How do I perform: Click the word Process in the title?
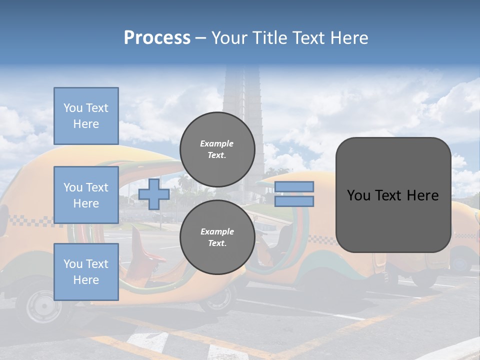point(157,38)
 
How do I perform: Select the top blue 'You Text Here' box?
point(86,116)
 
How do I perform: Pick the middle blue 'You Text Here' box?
point(86,195)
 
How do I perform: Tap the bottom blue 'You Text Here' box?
point(86,271)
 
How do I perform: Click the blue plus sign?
point(154,194)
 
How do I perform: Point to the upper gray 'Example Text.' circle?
point(217,149)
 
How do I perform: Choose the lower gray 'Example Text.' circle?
point(217,237)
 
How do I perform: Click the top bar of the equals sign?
point(294,186)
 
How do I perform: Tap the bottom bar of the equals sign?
point(294,201)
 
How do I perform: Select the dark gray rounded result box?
point(393,194)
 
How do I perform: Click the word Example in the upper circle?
point(217,143)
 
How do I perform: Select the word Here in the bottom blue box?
point(86,280)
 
